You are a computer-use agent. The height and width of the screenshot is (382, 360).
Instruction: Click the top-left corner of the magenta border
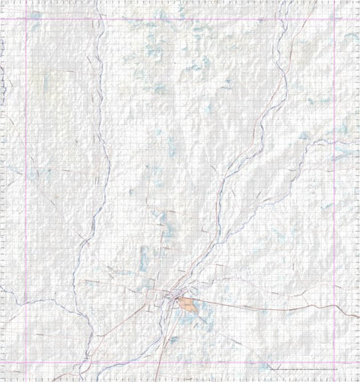click(x=28, y=19)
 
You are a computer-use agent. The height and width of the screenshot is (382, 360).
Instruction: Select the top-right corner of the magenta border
click(x=334, y=19)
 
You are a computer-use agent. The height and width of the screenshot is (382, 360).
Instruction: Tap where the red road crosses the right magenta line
click(x=334, y=308)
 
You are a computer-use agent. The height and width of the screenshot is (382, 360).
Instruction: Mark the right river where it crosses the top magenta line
click(x=285, y=19)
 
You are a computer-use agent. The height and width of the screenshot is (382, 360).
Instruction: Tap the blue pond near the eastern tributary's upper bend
click(x=304, y=137)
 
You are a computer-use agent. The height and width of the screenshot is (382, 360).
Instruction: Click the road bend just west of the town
click(x=154, y=300)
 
